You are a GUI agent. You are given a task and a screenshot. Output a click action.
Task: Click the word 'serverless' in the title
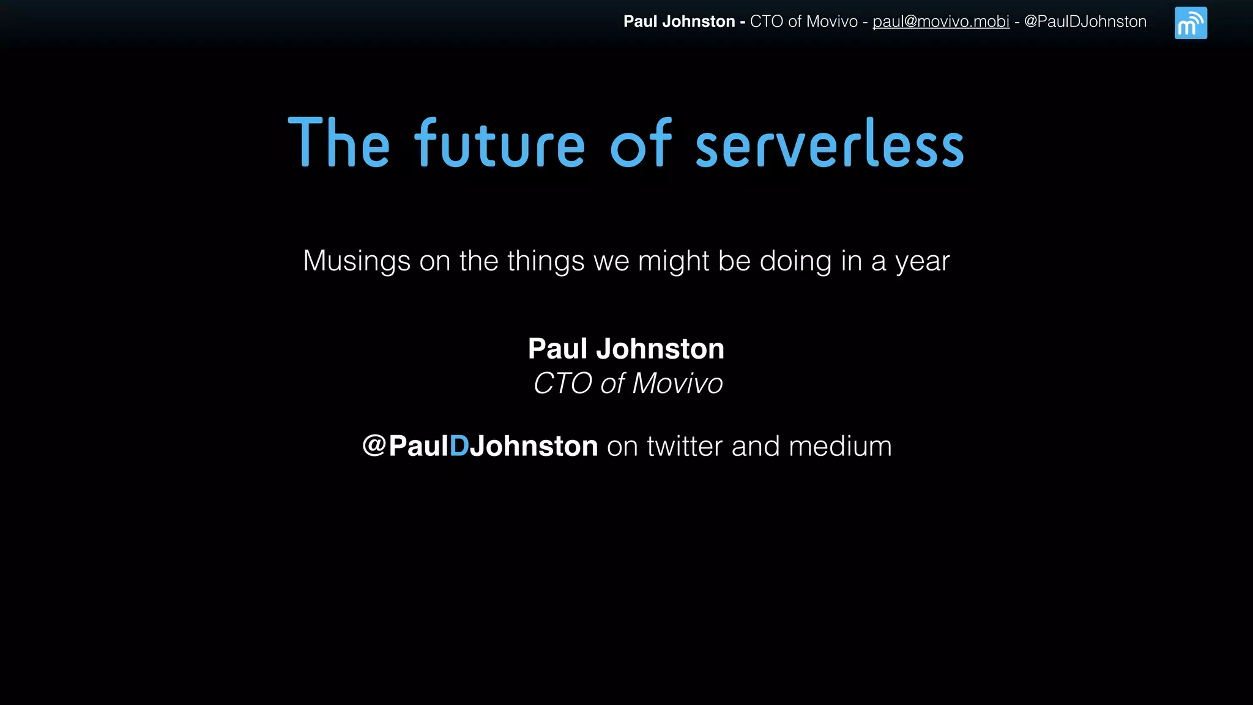point(830,144)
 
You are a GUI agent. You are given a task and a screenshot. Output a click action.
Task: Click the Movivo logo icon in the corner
point(1191,23)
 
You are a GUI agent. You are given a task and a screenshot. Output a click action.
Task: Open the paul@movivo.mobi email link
point(941,21)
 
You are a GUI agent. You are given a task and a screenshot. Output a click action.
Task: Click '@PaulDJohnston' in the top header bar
point(1085,21)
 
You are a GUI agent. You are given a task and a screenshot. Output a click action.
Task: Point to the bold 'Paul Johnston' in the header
point(679,21)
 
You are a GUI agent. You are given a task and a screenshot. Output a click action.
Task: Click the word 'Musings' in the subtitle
point(357,261)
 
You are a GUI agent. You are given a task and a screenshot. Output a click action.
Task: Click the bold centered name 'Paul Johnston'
point(626,349)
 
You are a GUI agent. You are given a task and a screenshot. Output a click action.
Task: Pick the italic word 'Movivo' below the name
point(677,384)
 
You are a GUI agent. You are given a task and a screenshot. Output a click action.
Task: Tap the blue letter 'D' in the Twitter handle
point(459,446)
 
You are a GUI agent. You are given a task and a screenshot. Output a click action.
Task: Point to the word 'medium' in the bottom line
point(840,446)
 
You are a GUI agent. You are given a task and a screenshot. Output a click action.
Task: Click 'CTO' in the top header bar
point(766,21)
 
